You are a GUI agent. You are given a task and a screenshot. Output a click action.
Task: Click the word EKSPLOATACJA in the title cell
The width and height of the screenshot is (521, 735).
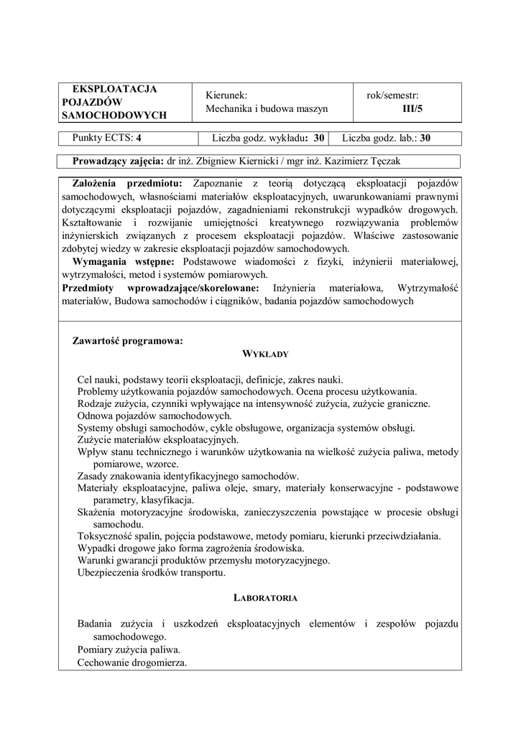(120, 89)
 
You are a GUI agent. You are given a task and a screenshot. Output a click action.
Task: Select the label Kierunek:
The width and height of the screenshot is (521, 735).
(226, 95)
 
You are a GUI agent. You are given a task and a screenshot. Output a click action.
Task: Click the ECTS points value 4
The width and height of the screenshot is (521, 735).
(139, 138)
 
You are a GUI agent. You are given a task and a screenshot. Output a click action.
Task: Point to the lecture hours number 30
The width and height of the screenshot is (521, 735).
(319, 138)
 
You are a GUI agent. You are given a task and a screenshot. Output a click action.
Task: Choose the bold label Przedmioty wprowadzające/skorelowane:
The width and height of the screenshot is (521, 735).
(165, 288)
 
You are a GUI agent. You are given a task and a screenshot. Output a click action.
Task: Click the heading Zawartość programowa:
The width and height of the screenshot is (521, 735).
(128, 341)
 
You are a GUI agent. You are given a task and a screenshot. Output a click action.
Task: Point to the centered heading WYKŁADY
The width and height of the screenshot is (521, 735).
(265, 354)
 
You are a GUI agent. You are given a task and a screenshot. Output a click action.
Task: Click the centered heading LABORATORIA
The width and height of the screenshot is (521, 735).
(265, 597)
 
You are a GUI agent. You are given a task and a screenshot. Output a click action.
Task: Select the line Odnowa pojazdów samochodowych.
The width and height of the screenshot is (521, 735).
(155, 415)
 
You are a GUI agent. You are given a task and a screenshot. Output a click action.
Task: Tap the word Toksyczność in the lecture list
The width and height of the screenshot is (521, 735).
(109, 536)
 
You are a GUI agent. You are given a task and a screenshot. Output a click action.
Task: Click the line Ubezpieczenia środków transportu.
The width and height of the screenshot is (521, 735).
(152, 572)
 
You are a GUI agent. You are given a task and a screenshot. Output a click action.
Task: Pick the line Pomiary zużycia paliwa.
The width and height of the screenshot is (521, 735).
(129, 649)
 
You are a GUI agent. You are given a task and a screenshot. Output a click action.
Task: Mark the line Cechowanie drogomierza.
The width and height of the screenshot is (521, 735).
(132, 662)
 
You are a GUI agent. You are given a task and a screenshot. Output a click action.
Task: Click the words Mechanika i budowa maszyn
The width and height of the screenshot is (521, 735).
(267, 108)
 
